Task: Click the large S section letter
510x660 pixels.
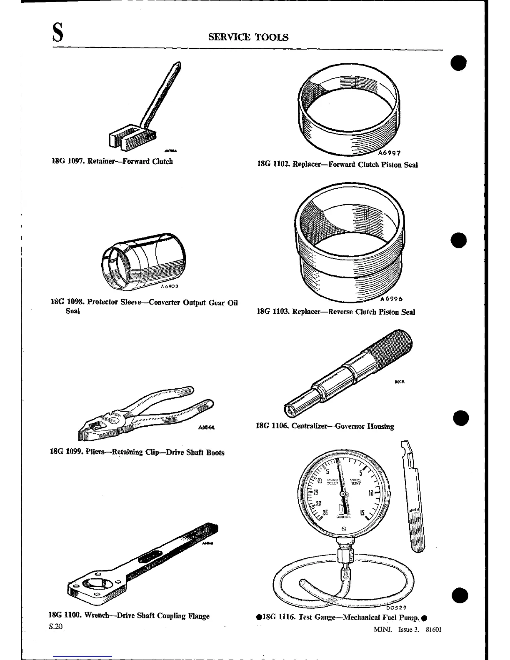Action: tap(58, 33)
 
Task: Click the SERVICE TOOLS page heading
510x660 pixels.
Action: tap(248, 37)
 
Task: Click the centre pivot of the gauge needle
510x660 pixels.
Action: tap(343, 494)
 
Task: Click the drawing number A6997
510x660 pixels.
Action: tap(389, 153)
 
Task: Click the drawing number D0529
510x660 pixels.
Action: tap(394, 608)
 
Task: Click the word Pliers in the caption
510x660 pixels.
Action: tap(96, 452)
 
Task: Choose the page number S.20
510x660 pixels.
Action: tap(55, 626)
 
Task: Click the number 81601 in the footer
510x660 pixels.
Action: tap(433, 630)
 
